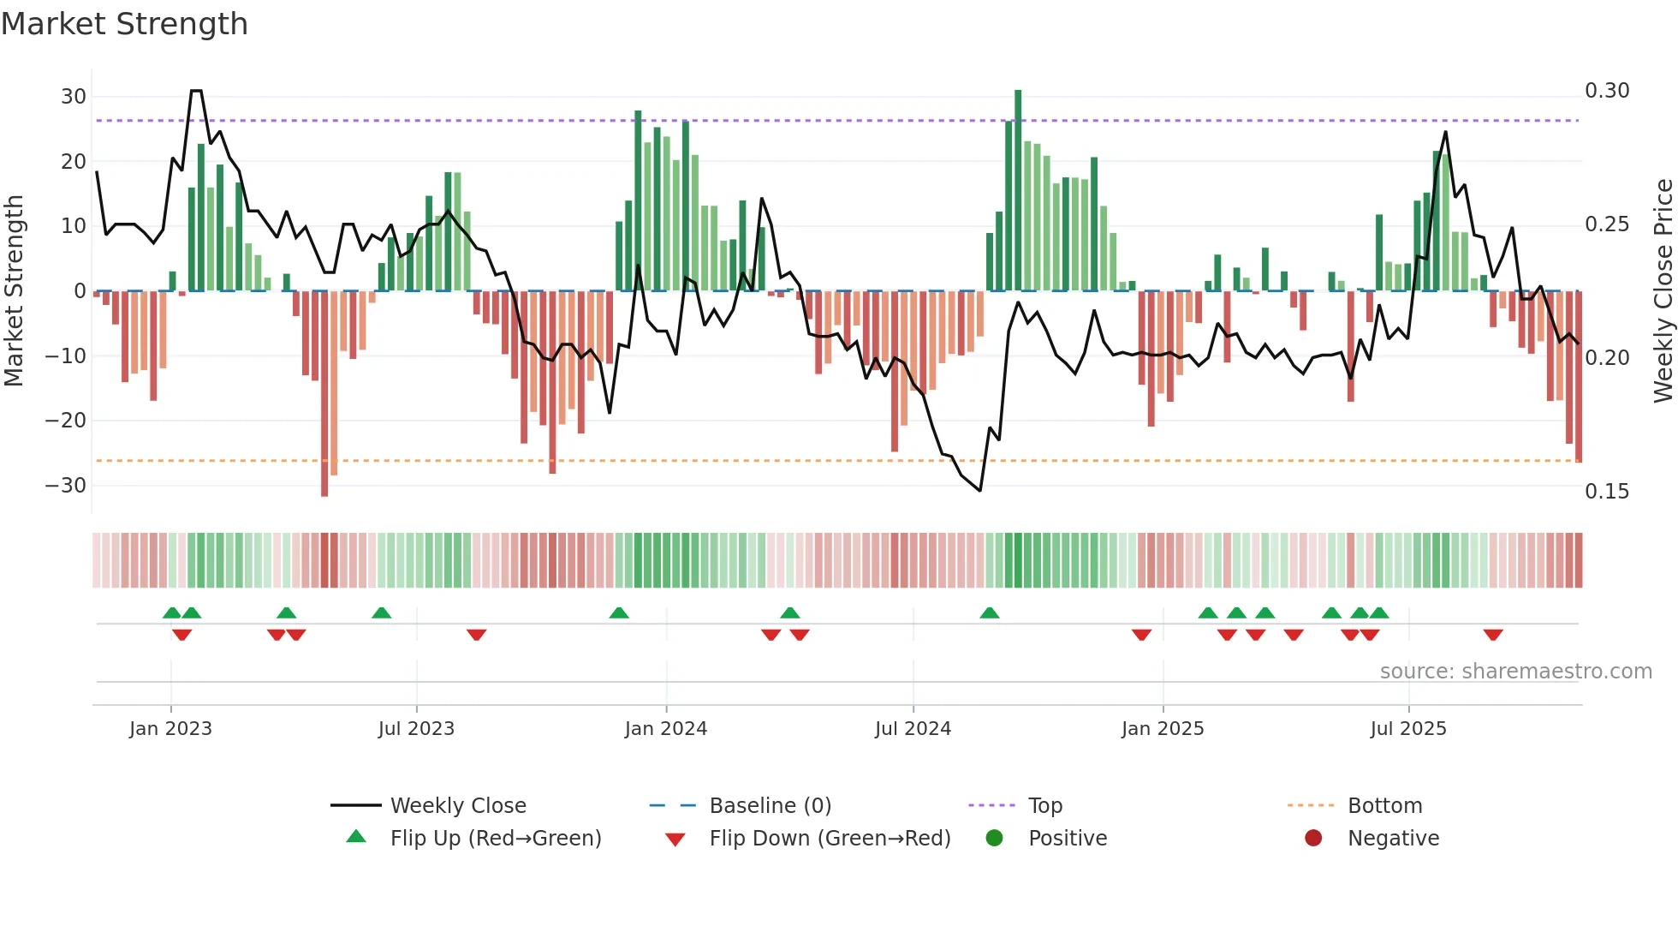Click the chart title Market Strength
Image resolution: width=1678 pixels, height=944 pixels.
pos(124,24)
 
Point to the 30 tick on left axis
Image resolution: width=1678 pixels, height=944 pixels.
pos(74,97)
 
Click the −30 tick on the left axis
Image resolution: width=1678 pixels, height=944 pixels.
pos(66,486)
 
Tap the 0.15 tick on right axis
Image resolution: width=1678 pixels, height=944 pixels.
pos(1606,492)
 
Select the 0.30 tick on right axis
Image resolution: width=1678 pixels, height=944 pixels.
pos(1606,91)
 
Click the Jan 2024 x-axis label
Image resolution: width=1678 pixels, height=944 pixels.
pos(665,729)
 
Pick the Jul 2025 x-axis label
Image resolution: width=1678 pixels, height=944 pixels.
pos(1407,729)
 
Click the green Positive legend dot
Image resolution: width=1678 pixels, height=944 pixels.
pos(994,839)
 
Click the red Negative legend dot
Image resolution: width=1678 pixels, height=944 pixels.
pos(1313,839)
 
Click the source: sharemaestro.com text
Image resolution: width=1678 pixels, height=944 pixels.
pos(1515,672)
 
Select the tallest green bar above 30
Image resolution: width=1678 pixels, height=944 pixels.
pos(1018,188)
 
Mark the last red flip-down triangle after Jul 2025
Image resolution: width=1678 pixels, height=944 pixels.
pos(1493,635)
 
